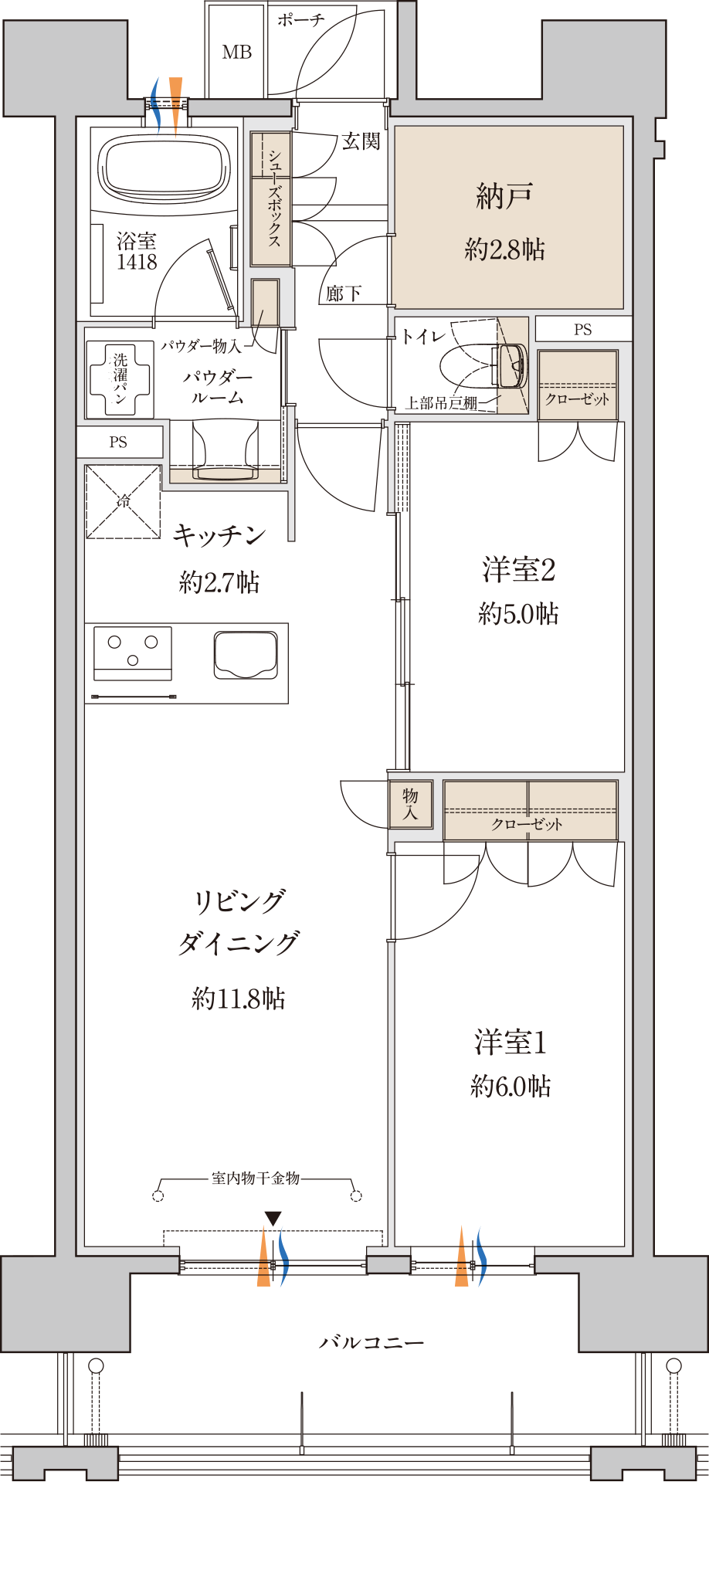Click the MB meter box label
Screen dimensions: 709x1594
236,52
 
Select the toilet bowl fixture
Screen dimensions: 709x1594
483,365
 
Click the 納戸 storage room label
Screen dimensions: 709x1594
504,196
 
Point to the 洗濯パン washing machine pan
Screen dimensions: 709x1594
120,379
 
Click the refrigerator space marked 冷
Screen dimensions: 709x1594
123,501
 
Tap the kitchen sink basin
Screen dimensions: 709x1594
246,655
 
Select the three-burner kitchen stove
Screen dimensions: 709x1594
133,653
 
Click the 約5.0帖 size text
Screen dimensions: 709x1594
518,614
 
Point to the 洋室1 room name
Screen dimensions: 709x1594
511,1043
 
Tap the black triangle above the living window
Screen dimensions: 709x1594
273,1219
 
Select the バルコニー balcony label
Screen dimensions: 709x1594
371,1343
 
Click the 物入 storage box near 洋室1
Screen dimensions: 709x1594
410,804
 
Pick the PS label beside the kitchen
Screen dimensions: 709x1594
118,442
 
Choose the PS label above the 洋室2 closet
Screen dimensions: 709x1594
583,330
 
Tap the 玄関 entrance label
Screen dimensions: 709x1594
361,141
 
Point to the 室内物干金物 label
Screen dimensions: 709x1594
256,1178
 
